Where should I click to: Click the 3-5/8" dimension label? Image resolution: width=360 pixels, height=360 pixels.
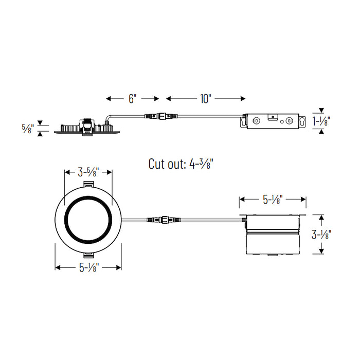pos(88,172)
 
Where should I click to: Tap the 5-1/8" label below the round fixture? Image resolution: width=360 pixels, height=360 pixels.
pos(88,267)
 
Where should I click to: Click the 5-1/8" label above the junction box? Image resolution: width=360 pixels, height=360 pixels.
pos(273,199)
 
